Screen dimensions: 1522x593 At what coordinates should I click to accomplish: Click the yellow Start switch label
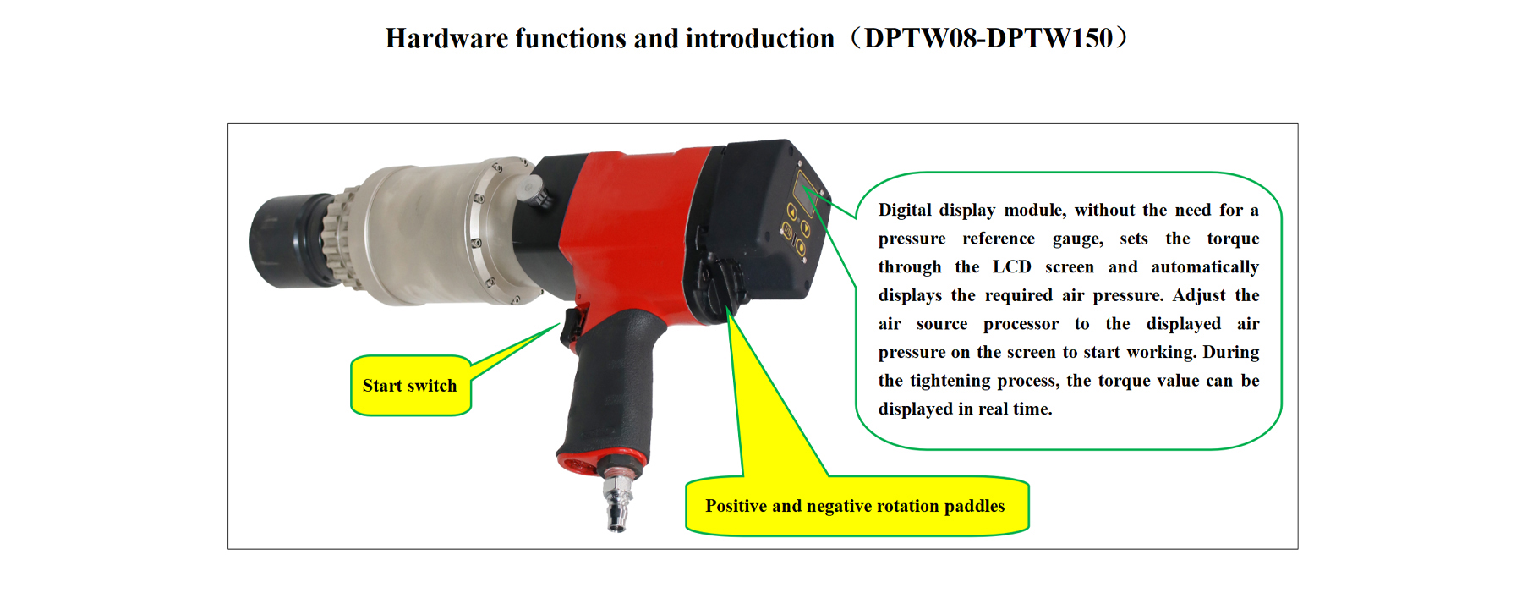(410, 386)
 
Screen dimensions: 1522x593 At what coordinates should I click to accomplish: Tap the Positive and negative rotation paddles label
(856, 506)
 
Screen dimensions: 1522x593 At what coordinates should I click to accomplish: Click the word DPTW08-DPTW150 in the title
(988, 38)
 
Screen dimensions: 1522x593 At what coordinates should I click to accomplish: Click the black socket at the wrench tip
(287, 242)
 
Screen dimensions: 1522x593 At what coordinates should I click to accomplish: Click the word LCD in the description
(1011, 267)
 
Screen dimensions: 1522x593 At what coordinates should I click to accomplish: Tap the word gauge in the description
(1077, 239)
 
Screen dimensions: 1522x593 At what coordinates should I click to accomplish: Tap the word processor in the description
(1021, 325)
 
